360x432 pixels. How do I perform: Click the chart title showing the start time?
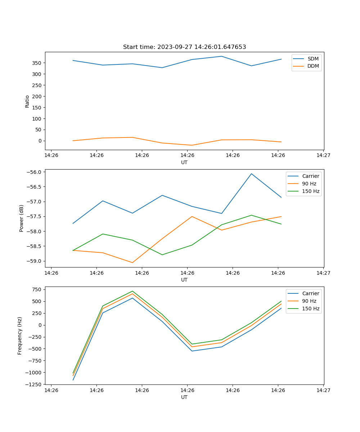(184, 47)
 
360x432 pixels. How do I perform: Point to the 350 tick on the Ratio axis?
(37, 63)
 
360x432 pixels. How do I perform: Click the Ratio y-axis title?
(27, 101)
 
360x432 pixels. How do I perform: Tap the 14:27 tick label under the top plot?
(323, 155)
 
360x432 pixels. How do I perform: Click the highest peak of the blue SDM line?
(222, 56)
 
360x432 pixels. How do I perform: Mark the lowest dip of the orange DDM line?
(192, 145)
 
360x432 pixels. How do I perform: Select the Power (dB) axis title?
(22, 218)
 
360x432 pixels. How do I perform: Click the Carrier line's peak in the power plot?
(251, 174)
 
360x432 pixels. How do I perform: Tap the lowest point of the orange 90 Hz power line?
(132, 262)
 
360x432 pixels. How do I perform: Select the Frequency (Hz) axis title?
(20, 336)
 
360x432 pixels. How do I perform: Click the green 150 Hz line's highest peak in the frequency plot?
(132, 291)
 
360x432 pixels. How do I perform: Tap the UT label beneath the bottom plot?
(184, 397)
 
